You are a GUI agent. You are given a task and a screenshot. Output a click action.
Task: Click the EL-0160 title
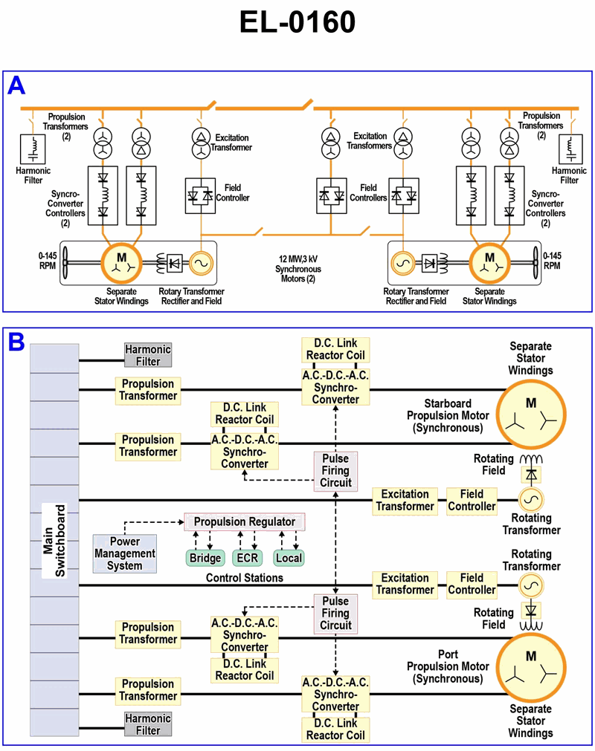(x=297, y=23)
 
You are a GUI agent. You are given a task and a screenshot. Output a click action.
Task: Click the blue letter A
(x=16, y=86)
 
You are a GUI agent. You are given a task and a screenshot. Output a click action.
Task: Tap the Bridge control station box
(x=205, y=558)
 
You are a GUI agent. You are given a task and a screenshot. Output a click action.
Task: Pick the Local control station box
(x=289, y=558)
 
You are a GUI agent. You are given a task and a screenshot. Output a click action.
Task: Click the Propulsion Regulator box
(x=245, y=522)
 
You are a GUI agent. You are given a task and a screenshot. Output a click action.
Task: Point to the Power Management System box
(x=125, y=553)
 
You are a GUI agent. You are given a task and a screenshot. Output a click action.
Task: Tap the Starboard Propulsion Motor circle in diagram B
(x=531, y=414)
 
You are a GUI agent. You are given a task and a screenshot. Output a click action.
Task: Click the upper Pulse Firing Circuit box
(x=335, y=470)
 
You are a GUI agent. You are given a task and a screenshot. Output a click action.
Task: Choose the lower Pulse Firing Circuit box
(x=335, y=614)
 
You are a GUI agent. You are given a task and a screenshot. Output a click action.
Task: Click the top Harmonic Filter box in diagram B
(x=148, y=355)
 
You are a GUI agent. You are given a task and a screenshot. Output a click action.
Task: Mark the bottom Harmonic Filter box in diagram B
(x=148, y=724)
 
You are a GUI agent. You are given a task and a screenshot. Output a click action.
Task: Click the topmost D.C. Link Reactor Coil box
(x=335, y=349)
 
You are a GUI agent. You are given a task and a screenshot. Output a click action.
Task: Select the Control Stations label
(x=245, y=577)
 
